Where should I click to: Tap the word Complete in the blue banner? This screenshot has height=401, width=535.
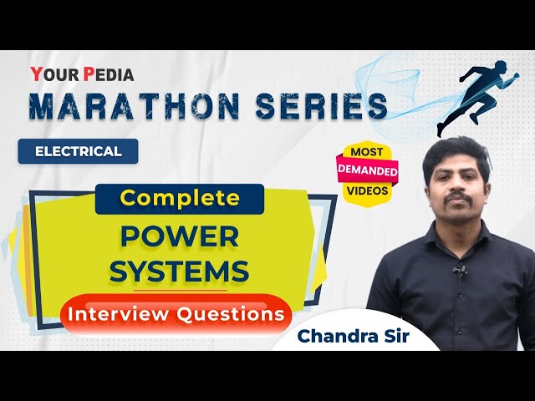click(x=179, y=198)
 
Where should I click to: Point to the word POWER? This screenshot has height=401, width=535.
click(x=179, y=236)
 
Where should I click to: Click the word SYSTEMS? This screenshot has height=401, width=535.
click(x=179, y=271)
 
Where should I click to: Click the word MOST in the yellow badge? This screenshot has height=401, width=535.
click(x=366, y=152)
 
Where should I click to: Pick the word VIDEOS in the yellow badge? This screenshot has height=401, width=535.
click(x=367, y=190)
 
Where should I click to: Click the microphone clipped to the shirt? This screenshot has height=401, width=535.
click(x=459, y=269)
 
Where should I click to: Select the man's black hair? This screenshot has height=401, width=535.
click(x=456, y=150)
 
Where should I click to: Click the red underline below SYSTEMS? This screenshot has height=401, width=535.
click(x=179, y=289)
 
